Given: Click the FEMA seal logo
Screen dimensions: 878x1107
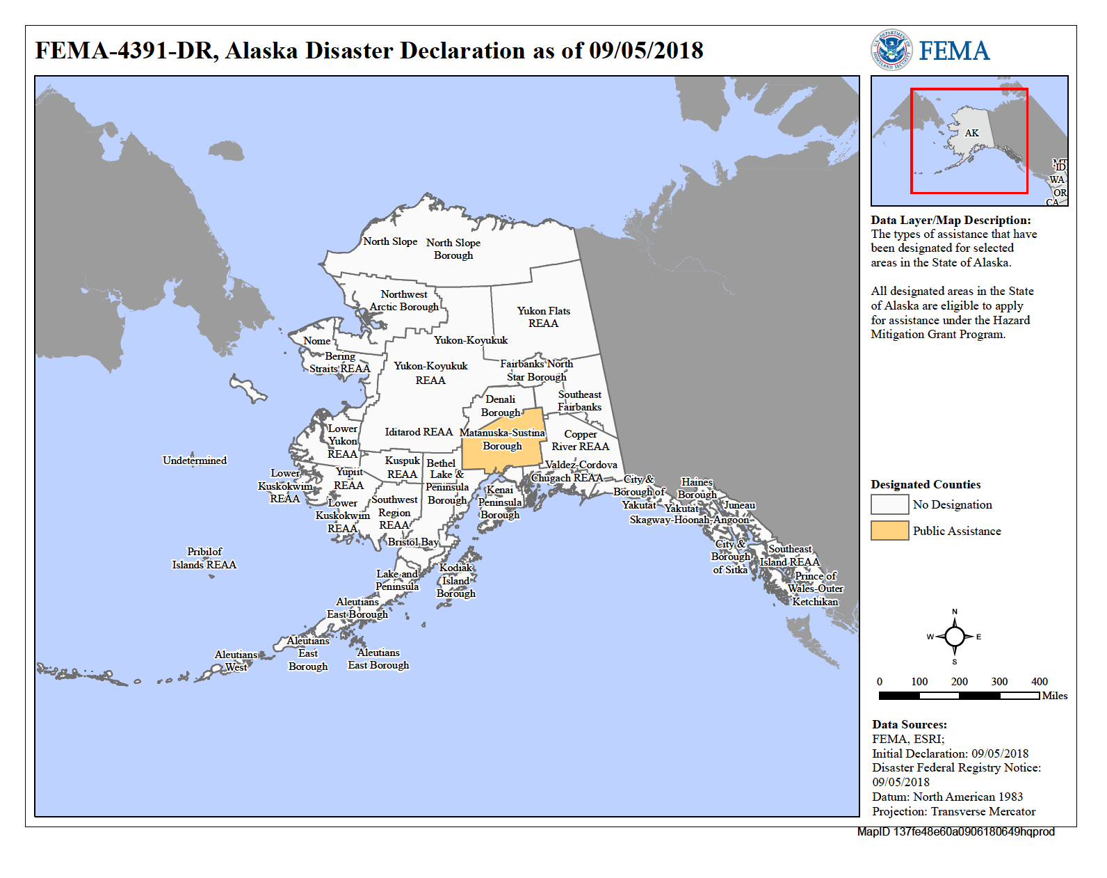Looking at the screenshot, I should tap(891, 50).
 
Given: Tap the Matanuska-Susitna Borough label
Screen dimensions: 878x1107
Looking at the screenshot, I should tap(502, 439).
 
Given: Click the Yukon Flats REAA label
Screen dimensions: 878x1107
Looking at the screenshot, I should tap(543, 317).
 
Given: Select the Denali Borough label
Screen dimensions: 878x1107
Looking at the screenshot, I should tap(501, 406).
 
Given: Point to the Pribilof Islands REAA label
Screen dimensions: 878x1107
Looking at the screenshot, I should tap(204, 558).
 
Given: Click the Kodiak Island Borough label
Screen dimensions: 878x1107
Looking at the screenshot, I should tap(456, 580).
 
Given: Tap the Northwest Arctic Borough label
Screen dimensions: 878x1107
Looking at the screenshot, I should tap(404, 301).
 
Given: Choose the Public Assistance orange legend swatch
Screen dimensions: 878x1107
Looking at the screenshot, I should tap(889, 530).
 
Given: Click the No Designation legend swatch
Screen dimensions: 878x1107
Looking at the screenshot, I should tap(889, 504).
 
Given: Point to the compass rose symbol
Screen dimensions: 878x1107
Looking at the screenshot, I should tap(954, 637).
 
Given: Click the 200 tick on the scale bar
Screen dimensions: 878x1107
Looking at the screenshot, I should tap(960, 682).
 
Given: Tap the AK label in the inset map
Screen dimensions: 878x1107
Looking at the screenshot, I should tap(971, 133).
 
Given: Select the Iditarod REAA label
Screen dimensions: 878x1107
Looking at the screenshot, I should tap(419, 432).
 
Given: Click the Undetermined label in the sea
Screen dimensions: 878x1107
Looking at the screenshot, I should tap(195, 461).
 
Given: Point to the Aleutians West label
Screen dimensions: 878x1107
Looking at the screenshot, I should tap(236, 660).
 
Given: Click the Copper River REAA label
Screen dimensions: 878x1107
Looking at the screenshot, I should tap(580, 440).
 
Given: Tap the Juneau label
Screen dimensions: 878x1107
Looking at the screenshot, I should tap(739, 505).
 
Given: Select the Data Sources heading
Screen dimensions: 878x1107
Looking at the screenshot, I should tap(910, 724).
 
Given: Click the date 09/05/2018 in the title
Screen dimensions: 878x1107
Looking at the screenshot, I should tap(646, 51).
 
